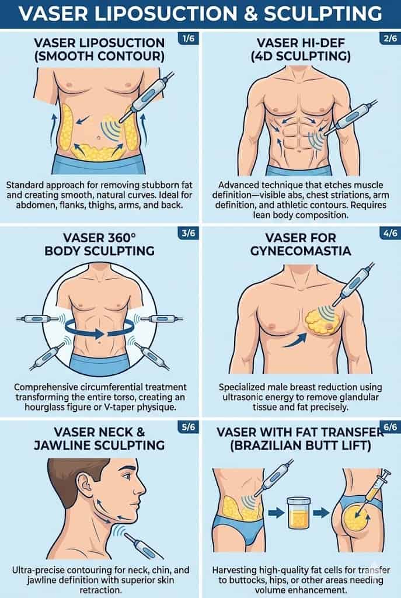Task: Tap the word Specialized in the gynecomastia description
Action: (x=245, y=387)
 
